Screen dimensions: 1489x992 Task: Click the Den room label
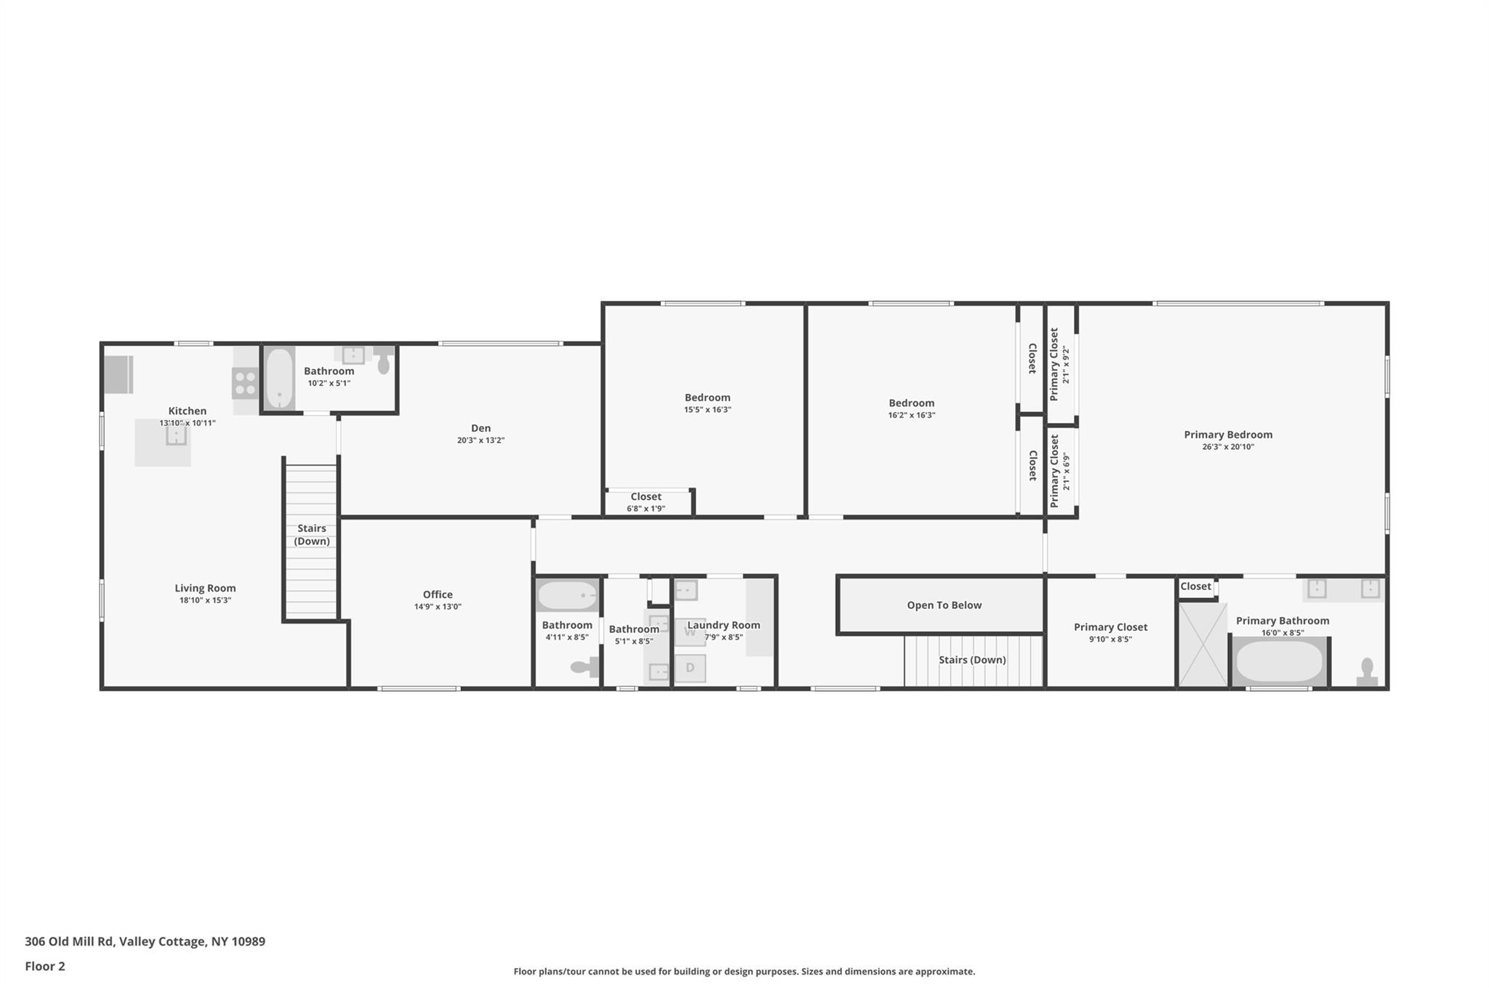[481, 428]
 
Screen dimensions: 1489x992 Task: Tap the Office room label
[438, 594]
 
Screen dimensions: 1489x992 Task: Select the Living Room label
[205, 589]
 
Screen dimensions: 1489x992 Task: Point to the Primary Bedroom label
[1228, 435]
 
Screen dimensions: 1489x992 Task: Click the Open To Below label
[944, 605]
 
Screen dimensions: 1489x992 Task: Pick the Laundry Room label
[723, 625]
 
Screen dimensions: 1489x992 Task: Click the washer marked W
[690, 632]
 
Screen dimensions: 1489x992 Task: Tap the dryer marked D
[690, 668]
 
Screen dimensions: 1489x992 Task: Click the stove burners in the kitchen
[245, 384]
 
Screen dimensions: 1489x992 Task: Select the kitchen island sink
[176, 435]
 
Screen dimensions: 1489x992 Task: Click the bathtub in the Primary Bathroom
[1279, 662]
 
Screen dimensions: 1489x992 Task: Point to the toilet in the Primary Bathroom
[1367, 672]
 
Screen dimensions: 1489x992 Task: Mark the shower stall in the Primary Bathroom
[1203, 644]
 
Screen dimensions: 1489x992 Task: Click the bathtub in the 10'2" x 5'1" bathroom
[278, 379]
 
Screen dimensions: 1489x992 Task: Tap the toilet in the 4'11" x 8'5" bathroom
[585, 666]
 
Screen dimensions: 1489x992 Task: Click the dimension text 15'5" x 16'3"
[707, 410]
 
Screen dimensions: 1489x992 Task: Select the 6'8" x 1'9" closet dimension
[646, 509]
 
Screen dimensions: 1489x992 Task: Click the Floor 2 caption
[45, 966]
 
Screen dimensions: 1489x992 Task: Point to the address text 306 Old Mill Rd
[69, 941]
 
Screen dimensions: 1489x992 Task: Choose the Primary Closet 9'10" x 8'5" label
[1110, 633]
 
